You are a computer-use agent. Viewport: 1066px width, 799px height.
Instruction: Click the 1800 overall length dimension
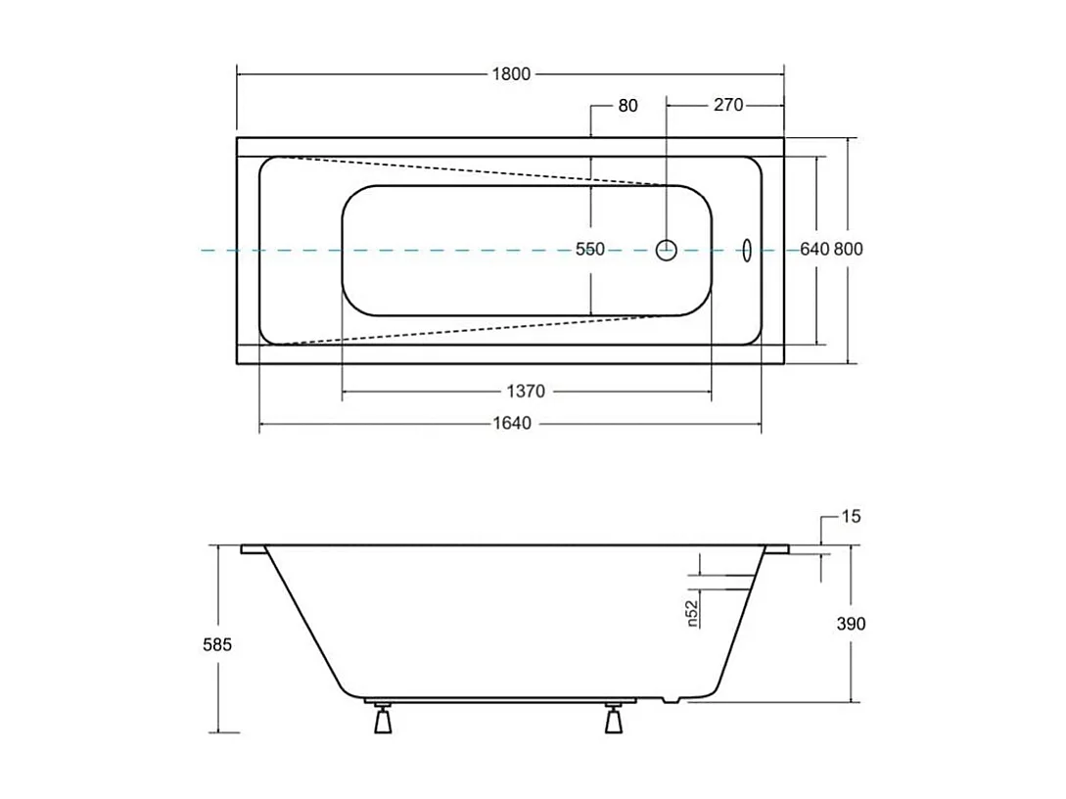click(510, 74)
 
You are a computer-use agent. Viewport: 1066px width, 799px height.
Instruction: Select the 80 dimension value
click(627, 106)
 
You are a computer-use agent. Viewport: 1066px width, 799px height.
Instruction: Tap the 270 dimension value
click(727, 105)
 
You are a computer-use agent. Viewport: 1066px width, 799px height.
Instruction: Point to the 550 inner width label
click(589, 250)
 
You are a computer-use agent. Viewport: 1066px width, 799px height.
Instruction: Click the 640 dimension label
click(814, 250)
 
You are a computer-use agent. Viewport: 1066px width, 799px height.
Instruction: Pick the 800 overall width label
click(849, 250)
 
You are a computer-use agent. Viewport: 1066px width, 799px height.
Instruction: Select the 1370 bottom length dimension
click(526, 392)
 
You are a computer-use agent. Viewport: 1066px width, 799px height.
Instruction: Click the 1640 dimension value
click(512, 424)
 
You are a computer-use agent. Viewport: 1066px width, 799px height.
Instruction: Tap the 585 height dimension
click(217, 644)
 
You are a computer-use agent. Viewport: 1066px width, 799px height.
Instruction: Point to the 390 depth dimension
click(852, 624)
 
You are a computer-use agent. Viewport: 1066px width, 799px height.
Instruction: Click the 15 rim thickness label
click(851, 516)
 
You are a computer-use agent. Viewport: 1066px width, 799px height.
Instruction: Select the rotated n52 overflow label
click(691, 612)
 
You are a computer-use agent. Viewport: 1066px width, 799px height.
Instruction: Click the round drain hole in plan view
click(666, 250)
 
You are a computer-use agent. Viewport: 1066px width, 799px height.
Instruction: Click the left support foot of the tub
click(383, 721)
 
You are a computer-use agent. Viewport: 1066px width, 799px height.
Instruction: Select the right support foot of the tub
click(614, 721)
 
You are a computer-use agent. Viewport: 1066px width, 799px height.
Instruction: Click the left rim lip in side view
click(253, 550)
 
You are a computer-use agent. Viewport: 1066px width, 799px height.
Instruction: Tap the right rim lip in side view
click(777, 550)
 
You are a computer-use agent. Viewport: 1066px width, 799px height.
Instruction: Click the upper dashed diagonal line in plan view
click(470, 169)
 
